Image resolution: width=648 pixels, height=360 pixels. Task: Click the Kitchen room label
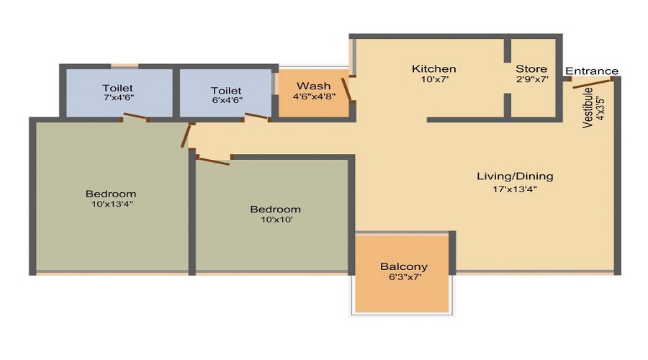tap(433, 69)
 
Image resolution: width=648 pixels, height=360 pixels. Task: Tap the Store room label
tap(531, 69)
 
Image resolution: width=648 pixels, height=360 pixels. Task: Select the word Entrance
tap(591, 71)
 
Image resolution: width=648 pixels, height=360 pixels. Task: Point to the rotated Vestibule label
tap(588, 108)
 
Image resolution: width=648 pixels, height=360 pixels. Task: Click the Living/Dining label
tap(515, 176)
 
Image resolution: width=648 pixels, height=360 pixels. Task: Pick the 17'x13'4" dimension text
tap(515, 189)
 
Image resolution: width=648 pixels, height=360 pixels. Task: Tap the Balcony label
tap(404, 266)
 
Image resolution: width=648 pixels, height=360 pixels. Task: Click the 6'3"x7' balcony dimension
tap(404, 277)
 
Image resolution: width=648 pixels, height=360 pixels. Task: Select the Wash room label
tap(313, 86)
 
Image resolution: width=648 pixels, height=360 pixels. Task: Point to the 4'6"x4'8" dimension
tap(313, 96)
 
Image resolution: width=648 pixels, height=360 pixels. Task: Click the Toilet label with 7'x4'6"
tap(118, 89)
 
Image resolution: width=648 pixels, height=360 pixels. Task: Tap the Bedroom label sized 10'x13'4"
tap(111, 194)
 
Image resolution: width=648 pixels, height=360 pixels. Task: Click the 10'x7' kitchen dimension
tap(433, 80)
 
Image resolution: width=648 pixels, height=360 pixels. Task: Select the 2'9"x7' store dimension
tap(532, 80)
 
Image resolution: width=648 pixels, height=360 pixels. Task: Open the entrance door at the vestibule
tap(593, 84)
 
